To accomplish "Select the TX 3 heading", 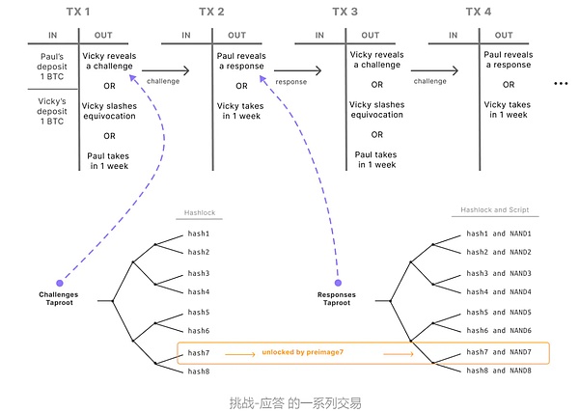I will pyautogui.click(x=345, y=12).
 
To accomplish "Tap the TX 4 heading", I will pyautogui.click(x=479, y=12).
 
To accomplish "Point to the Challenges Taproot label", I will pyautogui.click(x=59, y=296).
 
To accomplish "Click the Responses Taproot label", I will pyautogui.click(x=338, y=296).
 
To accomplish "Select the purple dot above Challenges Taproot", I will pyautogui.click(x=59, y=281).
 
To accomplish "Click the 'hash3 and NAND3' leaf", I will pyautogui.click(x=500, y=274).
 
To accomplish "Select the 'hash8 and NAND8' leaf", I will pyautogui.click(x=500, y=371).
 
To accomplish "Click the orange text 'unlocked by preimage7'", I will pyautogui.click(x=303, y=353).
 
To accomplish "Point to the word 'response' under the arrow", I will pyautogui.click(x=291, y=83).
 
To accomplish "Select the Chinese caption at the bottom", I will pyautogui.click(x=289, y=399).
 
